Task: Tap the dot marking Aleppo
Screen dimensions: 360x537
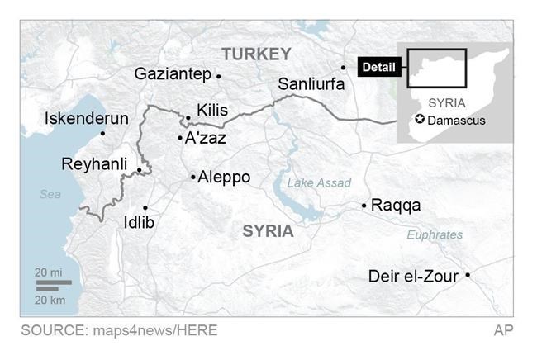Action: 192,177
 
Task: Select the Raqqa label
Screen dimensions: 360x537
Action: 396,205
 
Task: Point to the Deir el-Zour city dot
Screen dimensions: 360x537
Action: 468,275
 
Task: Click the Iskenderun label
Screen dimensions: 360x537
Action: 87,118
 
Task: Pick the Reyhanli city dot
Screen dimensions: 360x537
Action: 139,171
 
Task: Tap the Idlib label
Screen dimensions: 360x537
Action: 138,223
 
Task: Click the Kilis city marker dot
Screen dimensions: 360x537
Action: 188,118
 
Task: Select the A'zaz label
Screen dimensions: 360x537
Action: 205,138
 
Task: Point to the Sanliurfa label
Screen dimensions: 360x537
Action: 311,83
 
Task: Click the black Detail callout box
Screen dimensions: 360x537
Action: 378,67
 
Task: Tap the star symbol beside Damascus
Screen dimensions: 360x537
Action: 419,120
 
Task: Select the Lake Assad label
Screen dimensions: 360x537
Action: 319,183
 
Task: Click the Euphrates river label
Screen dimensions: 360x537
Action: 435,234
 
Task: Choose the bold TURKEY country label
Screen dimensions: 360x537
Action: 256,54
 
